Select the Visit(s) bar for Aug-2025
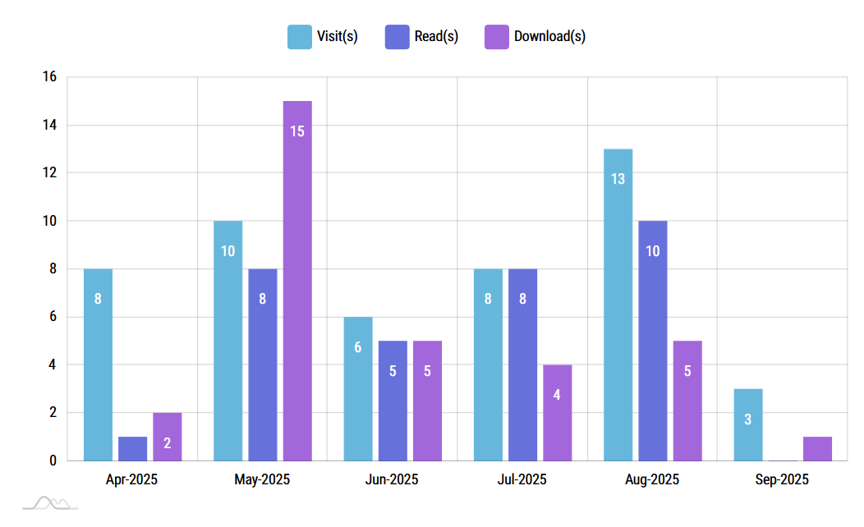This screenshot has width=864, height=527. pyautogui.click(x=618, y=305)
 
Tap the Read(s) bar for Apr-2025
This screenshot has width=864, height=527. pyautogui.click(x=132, y=448)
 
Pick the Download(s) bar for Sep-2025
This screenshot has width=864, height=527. pyautogui.click(x=817, y=448)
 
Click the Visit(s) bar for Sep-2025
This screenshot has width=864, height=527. pyautogui.click(x=747, y=424)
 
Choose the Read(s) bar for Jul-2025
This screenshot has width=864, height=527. pyautogui.click(x=522, y=364)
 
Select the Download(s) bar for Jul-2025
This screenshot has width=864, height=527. pyautogui.click(x=557, y=412)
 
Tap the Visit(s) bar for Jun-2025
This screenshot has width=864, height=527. pyautogui.click(x=358, y=388)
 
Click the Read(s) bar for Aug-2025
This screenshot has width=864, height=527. pyautogui.click(x=652, y=341)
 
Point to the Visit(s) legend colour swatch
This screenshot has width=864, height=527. pyautogui.click(x=299, y=36)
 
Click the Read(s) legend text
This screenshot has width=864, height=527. pyautogui.click(x=436, y=36)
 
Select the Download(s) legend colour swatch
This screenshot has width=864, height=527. pyautogui.click(x=496, y=36)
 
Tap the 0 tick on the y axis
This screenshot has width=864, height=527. pyautogui.click(x=53, y=461)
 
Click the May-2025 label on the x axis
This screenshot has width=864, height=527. pyautogui.click(x=262, y=479)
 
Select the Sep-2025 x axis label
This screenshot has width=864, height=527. pyautogui.click(x=782, y=479)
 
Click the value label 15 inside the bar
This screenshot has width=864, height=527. pyautogui.click(x=297, y=131)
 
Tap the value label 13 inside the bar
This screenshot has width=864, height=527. pyautogui.click(x=618, y=178)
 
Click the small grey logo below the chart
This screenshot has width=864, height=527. pyautogui.click(x=50, y=502)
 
